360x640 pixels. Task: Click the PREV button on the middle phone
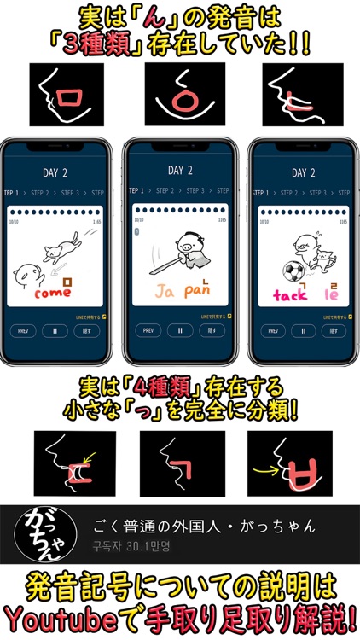tap(148, 330)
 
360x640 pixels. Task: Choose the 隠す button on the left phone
tap(92, 330)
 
